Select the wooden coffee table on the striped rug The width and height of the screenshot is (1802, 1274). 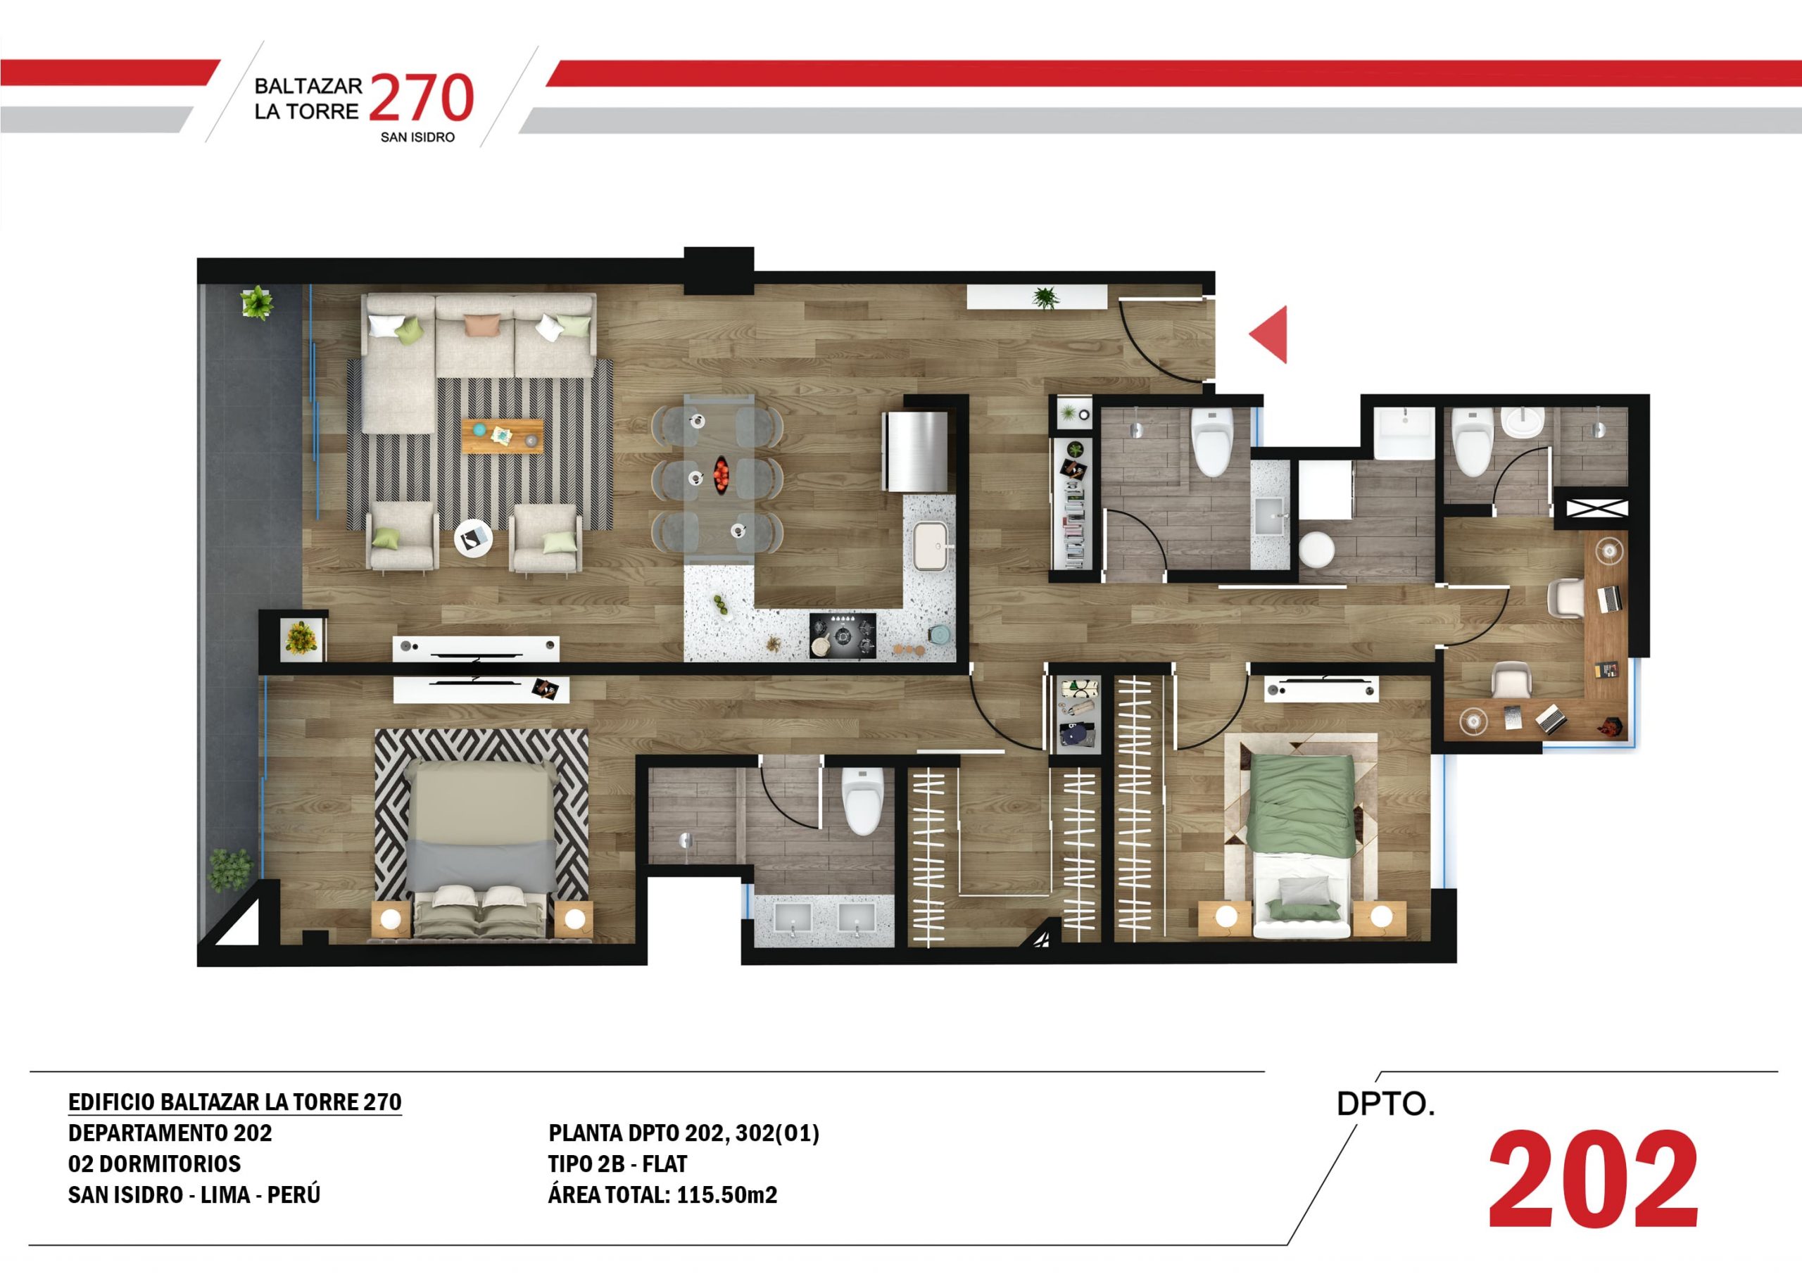coord(503,436)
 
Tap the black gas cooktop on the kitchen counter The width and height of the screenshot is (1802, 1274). coord(843,635)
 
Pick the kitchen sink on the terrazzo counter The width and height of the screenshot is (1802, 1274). coord(931,545)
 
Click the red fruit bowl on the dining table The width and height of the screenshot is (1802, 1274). coord(722,474)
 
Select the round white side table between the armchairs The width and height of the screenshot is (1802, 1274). coord(474,538)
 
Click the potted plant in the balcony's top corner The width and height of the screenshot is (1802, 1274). coord(257,303)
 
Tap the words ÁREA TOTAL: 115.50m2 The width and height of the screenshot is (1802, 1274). coord(662,1194)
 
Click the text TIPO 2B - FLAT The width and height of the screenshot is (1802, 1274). coord(617,1163)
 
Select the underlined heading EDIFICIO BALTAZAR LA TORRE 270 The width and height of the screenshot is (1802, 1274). coord(234,1102)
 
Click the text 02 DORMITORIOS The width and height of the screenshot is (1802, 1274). coord(155,1163)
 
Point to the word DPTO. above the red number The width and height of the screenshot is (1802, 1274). coord(1386,1104)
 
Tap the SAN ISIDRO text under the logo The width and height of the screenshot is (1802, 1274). coord(417,137)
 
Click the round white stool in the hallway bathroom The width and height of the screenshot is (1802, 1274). coord(1316,550)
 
